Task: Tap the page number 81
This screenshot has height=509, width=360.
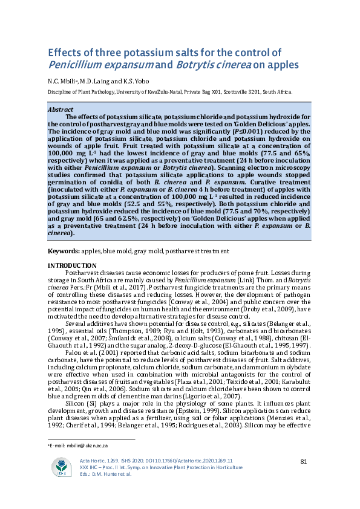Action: coord(304,462)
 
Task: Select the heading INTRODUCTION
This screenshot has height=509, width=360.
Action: coord(71,265)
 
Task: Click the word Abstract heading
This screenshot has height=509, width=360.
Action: coord(61,111)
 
